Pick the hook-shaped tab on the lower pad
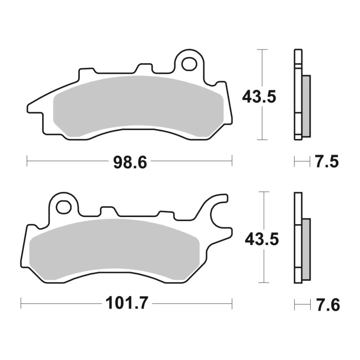218,206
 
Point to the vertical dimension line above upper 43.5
263,67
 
